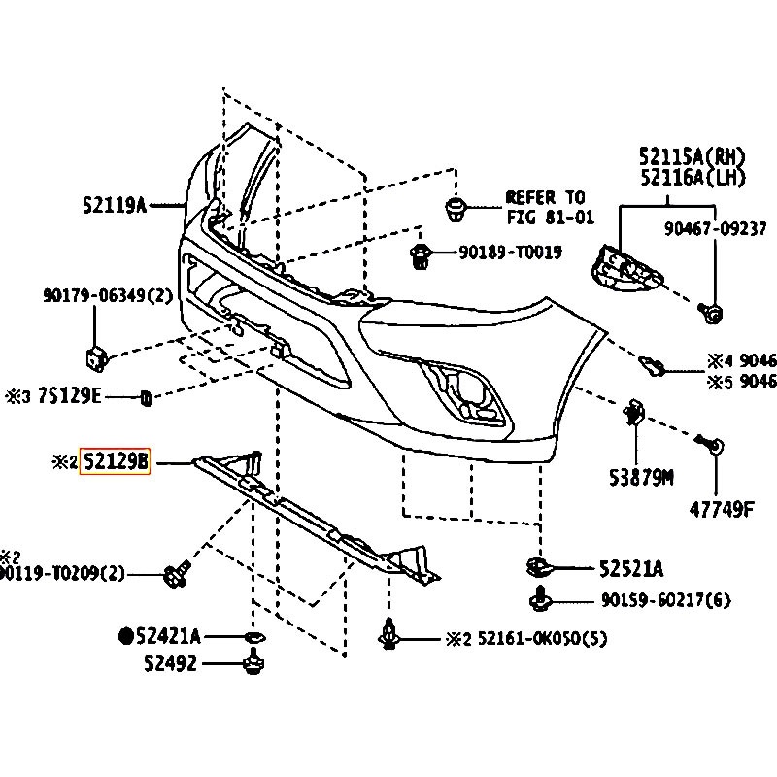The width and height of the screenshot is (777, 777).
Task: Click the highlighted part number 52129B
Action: point(115,462)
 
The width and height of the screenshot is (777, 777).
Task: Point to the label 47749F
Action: point(722,508)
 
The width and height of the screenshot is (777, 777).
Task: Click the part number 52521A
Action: point(630,569)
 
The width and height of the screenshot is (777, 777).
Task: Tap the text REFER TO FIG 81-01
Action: point(546,207)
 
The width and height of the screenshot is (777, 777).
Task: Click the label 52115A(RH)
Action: point(691,155)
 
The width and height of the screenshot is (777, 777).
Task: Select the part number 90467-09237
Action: point(716,229)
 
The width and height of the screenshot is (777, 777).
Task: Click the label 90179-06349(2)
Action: point(107,294)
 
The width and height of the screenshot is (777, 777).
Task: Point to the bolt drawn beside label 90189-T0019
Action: point(421,255)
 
